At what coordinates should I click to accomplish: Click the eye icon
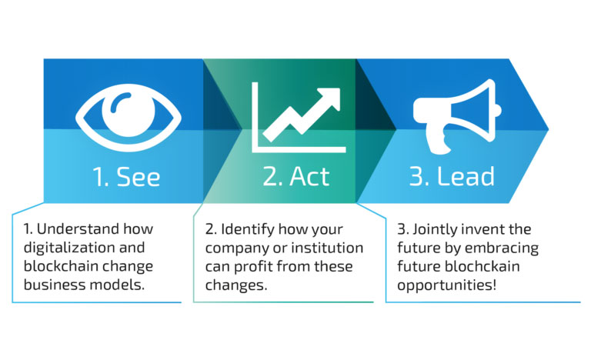coord(129,117)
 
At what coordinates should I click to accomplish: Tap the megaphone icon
coord(457,117)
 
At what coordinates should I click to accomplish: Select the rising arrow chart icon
coord(299,117)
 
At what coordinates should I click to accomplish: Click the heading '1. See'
coord(126,176)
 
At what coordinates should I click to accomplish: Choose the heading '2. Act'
coord(296,176)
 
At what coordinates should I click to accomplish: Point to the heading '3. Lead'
coord(452,176)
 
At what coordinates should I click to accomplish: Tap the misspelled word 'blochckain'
coord(482,266)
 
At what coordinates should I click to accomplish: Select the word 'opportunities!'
coord(446,285)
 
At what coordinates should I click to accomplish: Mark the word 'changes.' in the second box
coord(236,285)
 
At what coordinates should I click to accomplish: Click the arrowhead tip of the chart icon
coord(339,89)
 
